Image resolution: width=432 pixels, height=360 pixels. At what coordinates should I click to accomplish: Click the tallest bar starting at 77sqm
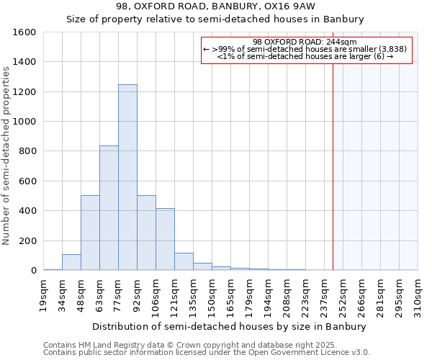127,177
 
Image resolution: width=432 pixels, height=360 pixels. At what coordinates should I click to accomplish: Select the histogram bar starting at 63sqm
109,208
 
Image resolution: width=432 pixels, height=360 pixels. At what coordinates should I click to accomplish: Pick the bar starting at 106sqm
165,239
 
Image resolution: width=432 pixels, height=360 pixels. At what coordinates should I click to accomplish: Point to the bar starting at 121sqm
184,261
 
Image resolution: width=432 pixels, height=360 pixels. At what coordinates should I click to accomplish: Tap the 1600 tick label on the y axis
24,32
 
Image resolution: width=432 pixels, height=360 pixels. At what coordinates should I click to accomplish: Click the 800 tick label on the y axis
27,151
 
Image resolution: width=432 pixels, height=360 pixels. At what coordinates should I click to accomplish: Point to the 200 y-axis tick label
27,240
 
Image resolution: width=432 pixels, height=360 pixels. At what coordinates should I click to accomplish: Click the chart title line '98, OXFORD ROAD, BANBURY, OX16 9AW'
215,6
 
